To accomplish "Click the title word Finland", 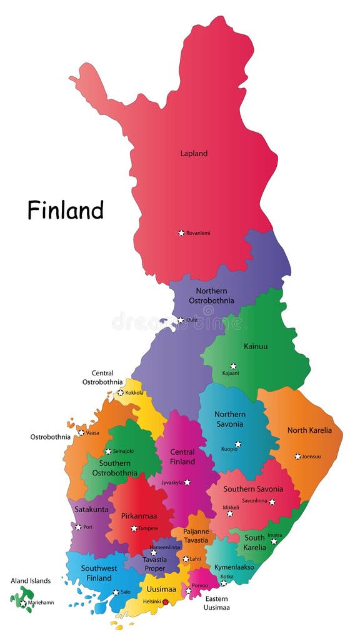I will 65,210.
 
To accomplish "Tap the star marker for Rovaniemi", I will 181,233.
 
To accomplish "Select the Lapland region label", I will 194,153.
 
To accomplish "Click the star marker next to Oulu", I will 181,320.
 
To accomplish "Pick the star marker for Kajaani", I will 233,366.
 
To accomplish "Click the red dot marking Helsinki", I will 166,602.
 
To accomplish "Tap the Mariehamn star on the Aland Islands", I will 23,603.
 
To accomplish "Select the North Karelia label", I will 310,430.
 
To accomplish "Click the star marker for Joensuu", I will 297,456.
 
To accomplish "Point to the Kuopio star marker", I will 237,444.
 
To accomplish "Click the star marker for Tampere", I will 134,528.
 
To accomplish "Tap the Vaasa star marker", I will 81,432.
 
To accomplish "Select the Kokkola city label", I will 134,393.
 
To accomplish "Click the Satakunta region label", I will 91,509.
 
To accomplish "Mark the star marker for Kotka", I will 223,583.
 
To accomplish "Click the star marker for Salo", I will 116,593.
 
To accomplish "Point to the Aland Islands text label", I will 31,581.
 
